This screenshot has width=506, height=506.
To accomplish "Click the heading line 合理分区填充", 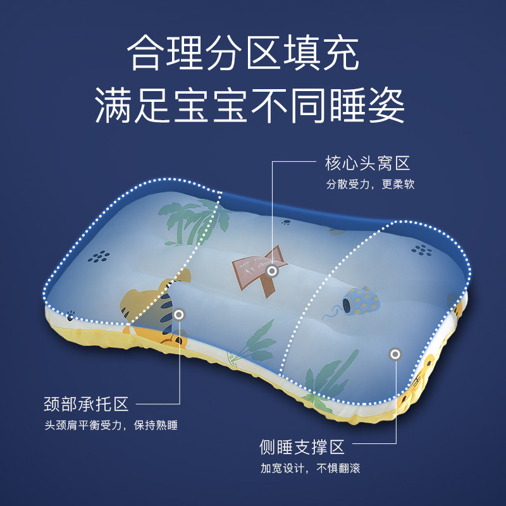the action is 243,53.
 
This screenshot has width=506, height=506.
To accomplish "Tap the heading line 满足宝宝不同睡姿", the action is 250,106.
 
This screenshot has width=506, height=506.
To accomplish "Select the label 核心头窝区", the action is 367,163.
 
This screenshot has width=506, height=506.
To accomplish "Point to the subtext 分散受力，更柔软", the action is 370,184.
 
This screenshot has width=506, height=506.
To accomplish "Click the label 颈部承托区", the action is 86,404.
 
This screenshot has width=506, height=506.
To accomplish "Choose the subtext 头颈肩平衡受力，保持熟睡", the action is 111,425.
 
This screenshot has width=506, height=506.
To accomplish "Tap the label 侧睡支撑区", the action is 302,447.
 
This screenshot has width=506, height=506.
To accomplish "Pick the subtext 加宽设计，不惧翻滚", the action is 311,468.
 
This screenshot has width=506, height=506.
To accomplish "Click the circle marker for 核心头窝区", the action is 272,271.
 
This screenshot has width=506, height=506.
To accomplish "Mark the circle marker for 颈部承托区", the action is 179,314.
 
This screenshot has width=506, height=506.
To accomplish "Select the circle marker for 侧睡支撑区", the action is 395,354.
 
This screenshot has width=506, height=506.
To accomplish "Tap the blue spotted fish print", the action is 360,301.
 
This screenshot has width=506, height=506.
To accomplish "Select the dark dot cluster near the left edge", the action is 99,257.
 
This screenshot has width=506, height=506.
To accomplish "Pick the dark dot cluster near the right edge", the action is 421,250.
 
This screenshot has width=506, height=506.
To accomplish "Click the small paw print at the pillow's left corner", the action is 70,316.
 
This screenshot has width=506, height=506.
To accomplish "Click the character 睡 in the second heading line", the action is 347,106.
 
